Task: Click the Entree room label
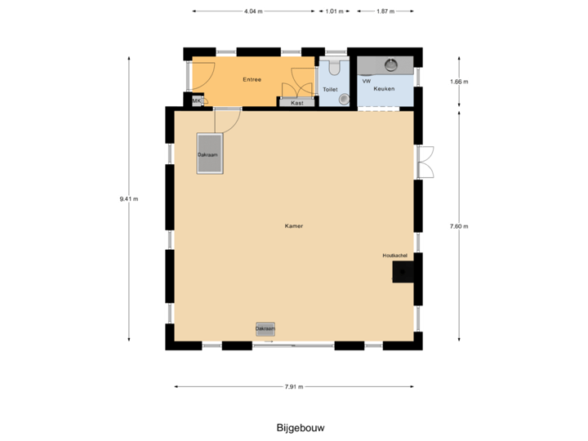pos(252,79)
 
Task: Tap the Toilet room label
pos(330,89)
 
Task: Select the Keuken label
pos(384,88)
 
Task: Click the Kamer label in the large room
pos(294,225)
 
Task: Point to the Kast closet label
pos(297,103)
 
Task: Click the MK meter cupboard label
pos(196,100)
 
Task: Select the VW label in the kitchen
pos(367,82)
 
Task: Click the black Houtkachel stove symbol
pos(403,272)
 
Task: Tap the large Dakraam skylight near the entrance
pos(210,154)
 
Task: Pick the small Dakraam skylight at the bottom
pos(265,328)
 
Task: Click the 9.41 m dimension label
pos(129,198)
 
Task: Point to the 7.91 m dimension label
pos(294,386)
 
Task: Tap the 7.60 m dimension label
pos(459,226)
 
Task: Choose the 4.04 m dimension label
pos(253,11)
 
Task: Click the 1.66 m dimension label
pos(459,82)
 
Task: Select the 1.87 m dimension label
pos(385,11)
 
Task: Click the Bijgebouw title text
pos(295,427)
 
